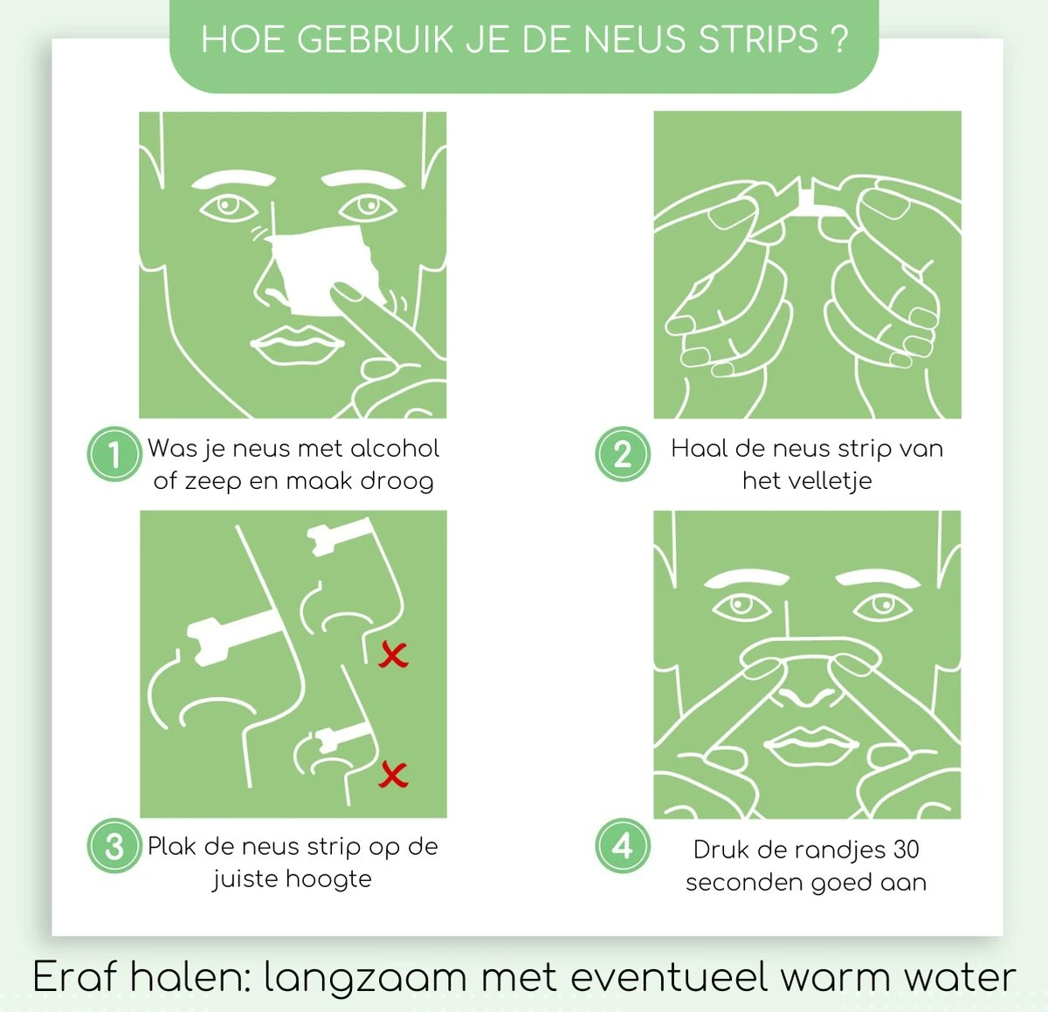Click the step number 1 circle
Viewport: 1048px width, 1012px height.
(114, 454)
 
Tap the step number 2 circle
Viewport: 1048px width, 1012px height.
(623, 454)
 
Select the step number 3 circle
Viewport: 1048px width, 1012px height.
(114, 846)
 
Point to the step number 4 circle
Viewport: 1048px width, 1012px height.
(623, 846)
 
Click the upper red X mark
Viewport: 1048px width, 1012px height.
(393, 655)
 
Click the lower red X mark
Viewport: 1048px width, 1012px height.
(393, 774)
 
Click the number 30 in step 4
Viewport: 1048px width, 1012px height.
(906, 850)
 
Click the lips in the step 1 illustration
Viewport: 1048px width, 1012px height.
(297, 345)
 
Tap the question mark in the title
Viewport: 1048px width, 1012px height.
(839, 39)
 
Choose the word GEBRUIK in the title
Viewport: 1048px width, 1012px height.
(375, 39)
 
